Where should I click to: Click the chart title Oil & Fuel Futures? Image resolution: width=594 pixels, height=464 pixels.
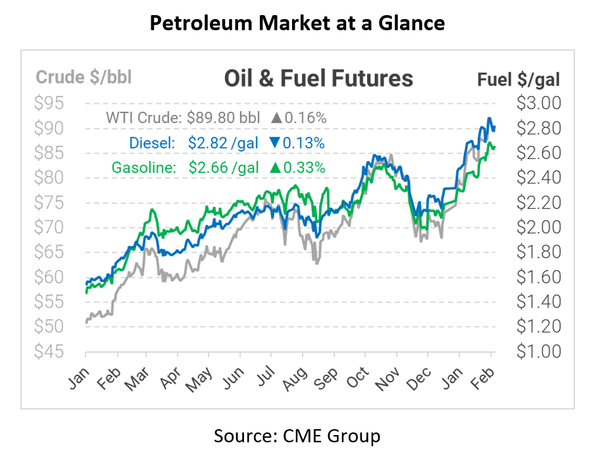click(x=318, y=79)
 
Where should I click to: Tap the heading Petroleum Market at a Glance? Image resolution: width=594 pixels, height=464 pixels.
click(x=297, y=24)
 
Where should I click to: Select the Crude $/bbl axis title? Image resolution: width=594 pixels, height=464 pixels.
click(x=84, y=78)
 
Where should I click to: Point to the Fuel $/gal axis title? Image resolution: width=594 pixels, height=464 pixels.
click(x=518, y=80)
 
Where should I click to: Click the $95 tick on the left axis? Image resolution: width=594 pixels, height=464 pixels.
click(x=51, y=103)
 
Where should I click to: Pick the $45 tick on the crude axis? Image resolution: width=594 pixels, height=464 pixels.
click(x=51, y=352)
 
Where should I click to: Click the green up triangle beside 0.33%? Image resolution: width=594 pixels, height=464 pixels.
click(x=274, y=168)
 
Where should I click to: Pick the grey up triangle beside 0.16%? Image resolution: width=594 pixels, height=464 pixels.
click(x=276, y=119)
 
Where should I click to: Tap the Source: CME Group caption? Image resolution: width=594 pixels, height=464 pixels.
click(x=297, y=436)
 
